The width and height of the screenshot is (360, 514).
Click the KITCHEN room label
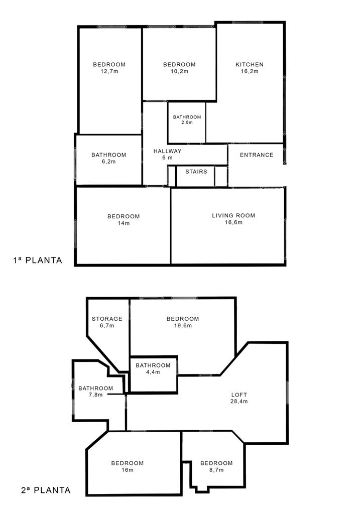tap(249, 65)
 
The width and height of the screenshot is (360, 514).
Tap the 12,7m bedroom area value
tap(109, 71)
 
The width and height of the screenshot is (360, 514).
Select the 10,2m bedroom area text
tap(179, 71)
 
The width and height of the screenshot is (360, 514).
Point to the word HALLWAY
tap(167, 151)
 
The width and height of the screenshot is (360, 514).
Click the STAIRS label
tap(196, 172)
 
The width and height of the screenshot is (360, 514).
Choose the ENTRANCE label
tap(257, 155)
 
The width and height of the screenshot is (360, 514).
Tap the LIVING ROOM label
tap(233, 215)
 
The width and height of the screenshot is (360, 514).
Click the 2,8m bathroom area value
tap(187, 122)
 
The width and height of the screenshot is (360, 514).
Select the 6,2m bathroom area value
tap(109, 162)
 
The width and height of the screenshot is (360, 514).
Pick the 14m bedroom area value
tap(124, 223)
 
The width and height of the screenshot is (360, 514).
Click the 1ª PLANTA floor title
tap(37, 261)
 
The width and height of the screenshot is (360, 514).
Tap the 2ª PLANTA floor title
tap(46, 490)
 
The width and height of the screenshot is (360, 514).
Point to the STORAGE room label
tap(107, 319)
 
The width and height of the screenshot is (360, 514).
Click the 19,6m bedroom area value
tap(183, 325)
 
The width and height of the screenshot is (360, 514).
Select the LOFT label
tap(239, 395)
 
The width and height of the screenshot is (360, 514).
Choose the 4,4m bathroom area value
tap(153, 372)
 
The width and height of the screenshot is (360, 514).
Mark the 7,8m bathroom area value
tap(95, 395)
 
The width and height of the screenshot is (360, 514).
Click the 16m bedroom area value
tap(127, 470)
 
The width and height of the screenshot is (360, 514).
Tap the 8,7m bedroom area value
tap(216, 470)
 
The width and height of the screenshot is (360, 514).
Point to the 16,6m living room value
tap(233, 222)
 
